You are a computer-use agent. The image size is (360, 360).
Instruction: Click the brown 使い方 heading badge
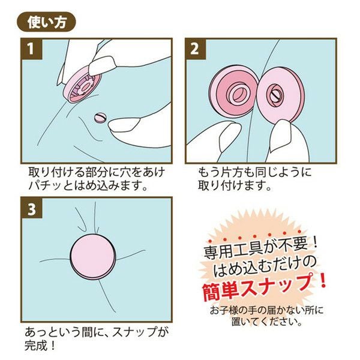coord(46,22)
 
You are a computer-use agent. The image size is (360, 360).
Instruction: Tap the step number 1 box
coord(32,49)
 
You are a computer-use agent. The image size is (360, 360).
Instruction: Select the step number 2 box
coord(196,49)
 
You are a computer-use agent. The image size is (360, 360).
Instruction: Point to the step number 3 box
coord(32,208)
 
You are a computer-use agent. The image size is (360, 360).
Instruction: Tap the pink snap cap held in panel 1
coord(82,85)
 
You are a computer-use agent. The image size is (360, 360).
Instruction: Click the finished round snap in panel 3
coord(93,257)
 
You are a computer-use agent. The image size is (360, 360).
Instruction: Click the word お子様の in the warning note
coord(229,311)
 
